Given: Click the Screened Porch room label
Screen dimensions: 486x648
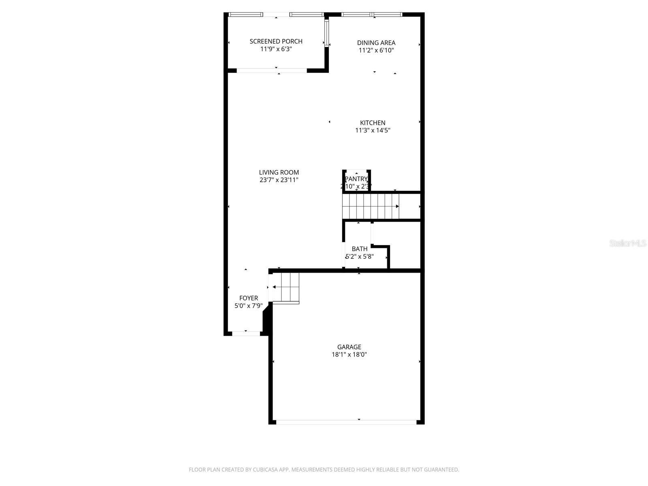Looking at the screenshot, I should point(276,41).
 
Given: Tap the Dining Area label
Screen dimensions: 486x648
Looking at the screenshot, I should point(376,43).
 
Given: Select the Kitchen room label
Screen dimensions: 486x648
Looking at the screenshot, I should point(373,123).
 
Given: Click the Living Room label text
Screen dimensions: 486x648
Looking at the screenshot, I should point(279,172).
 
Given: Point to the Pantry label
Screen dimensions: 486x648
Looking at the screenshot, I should point(356,179).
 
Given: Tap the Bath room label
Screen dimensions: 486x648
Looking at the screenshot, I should point(359,249).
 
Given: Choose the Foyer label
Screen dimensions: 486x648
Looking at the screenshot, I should point(248,298).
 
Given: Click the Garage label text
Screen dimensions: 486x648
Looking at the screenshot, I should point(349,347).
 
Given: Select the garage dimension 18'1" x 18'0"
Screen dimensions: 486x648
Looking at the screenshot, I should point(349,354).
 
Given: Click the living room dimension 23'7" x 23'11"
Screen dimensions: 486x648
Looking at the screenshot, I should point(279,180).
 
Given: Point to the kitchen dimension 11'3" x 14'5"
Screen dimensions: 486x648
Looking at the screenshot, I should point(373,130).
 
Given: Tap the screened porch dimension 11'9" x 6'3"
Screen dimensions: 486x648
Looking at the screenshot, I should point(276,49).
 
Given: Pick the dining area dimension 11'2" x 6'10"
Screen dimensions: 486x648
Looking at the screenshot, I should point(376,50).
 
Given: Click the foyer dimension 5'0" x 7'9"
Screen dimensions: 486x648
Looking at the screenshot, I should point(248,306).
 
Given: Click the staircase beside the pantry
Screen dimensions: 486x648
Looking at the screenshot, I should point(371,206).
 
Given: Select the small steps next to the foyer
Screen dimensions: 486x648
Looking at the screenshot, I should point(286,288).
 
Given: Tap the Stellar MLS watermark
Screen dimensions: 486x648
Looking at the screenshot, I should point(627,243).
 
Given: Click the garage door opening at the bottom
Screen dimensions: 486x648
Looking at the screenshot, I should point(346,422).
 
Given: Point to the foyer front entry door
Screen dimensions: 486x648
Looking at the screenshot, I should point(246,333).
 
